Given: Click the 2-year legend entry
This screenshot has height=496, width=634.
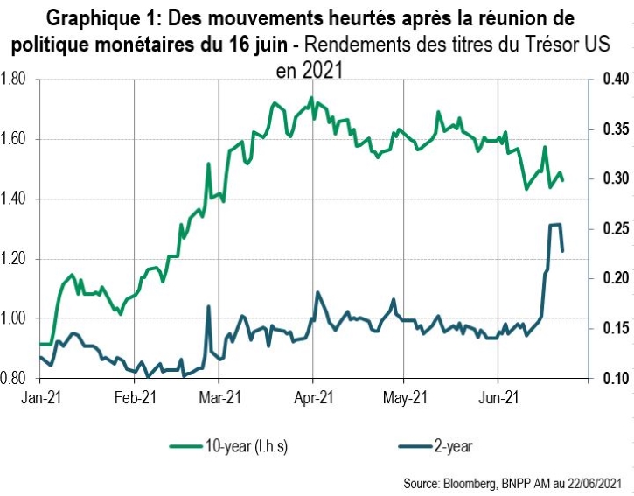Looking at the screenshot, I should click(x=452, y=446).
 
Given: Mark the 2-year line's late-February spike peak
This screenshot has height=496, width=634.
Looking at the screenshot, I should click(x=208, y=306).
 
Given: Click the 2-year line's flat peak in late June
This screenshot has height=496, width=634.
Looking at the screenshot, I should click(x=554, y=225).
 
